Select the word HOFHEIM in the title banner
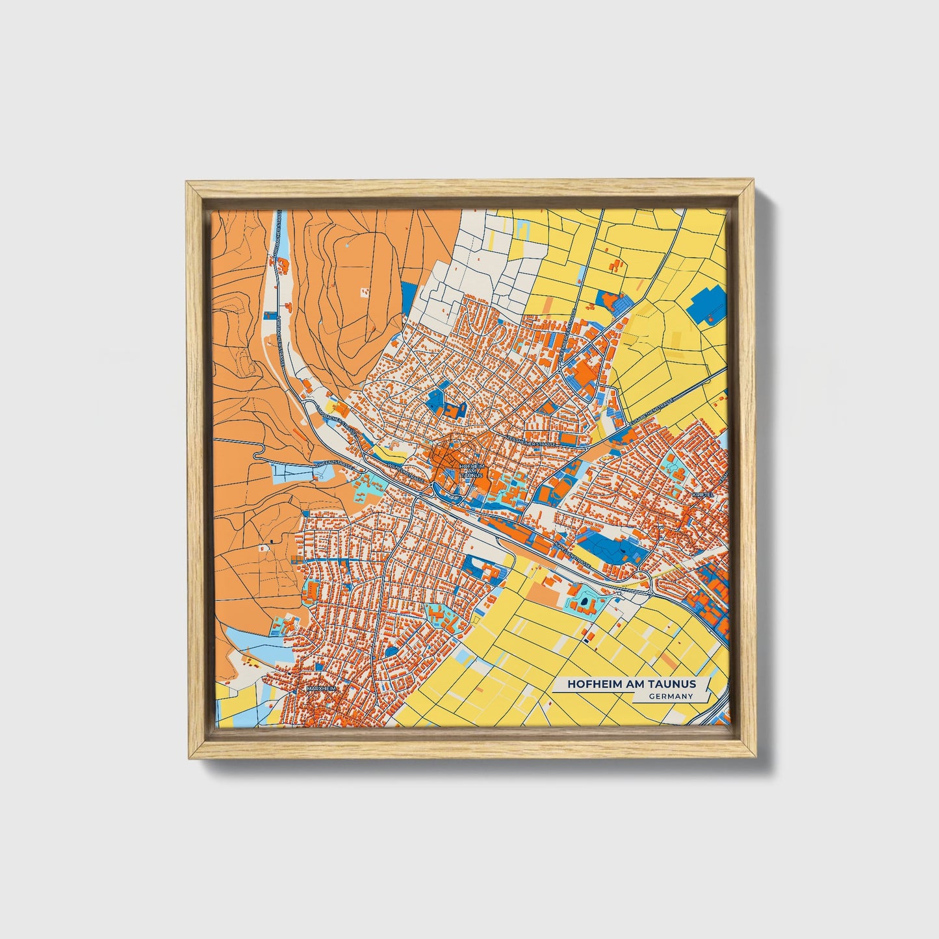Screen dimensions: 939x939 [x=592, y=684]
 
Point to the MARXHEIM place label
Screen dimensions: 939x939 [x=319, y=688]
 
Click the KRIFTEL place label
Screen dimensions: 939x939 [x=703, y=495]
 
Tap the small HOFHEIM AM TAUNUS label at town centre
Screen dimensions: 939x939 [x=471, y=470]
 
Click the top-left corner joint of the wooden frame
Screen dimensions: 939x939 [x=194, y=189]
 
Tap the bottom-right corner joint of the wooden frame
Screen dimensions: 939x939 [x=748, y=750]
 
